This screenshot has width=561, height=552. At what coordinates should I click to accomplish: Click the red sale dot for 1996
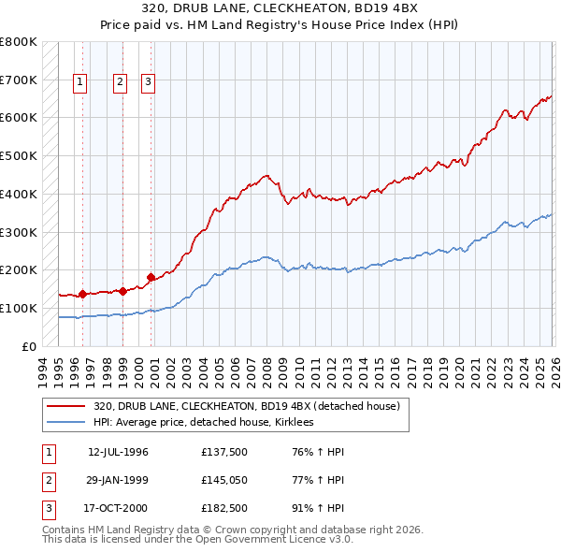82,294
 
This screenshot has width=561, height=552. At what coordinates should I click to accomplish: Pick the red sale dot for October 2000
151,277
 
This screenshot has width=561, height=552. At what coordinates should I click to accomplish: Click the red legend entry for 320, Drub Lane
247,406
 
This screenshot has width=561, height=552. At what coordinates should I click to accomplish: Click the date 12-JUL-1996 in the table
118,452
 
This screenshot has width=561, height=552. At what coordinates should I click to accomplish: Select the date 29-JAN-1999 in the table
118,480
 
